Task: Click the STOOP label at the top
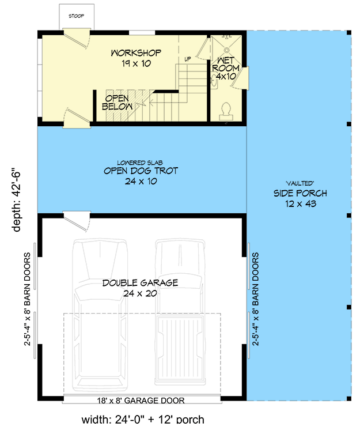point(76,16)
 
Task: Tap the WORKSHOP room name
point(136,53)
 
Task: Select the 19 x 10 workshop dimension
point(137,63)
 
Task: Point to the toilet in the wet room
point(226,112)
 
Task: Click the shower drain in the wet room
point(226,50)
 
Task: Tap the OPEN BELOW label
point(117,103)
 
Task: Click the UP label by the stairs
point(188,59)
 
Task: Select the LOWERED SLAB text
point(140,163)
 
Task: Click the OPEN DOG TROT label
point(141,171)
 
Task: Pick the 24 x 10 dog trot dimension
point(141,181)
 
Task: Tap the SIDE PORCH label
point(300,193)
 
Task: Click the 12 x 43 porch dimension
point(301,203)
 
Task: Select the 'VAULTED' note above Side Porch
point(300,183)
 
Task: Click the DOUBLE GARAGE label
point(141,283)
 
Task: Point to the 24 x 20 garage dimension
point(140,293)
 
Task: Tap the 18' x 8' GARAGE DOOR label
point(141,401)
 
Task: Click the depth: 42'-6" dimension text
point(17,202)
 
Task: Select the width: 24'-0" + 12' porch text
point(143,420)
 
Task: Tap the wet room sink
point(214,80)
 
